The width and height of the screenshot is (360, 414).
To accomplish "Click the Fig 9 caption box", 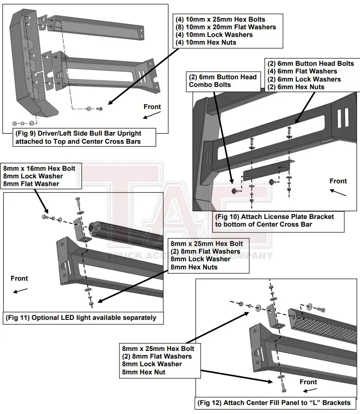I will (85, 137).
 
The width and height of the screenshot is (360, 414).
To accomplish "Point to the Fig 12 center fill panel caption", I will (273, 402).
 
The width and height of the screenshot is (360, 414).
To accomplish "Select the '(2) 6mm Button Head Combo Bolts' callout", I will (223, 81).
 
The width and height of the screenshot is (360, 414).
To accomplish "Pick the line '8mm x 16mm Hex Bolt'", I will (40, 168).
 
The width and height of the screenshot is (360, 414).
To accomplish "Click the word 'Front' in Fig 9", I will (152, 107).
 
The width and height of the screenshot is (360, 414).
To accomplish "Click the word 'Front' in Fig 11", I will (19, 278).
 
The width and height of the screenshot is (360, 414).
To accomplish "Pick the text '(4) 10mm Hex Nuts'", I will (205, 42).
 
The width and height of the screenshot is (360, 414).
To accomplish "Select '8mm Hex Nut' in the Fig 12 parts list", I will (143, 372).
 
